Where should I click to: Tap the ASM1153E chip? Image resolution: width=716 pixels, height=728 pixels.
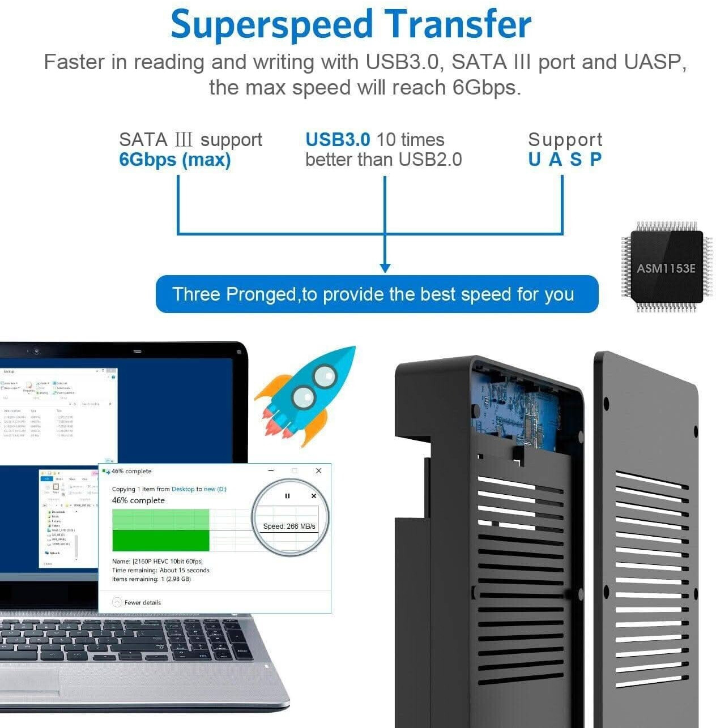(x=666, y=267)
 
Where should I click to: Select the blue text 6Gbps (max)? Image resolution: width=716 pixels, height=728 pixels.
(x=174, y=160)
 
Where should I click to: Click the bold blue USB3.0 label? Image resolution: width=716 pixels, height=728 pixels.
(x=338, y=139)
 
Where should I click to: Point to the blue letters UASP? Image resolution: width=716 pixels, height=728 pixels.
(x=564, y=160)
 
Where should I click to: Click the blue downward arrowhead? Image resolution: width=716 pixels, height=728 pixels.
(x=385, y=267)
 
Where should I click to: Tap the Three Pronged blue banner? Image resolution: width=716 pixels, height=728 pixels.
(x=376, y=294)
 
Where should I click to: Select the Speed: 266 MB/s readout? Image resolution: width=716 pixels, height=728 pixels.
(x=289, y=526)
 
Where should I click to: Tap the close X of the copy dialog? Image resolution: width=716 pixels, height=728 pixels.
(x=318, y=471)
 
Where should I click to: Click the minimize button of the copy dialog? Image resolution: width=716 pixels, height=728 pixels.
(x=271, y=471)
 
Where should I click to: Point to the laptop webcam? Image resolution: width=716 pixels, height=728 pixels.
(x=36, y=351)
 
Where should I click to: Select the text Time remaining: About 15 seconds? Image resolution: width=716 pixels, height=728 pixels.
(x=161, y=570)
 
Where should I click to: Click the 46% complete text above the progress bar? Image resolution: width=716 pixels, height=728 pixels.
(x=138, y=500)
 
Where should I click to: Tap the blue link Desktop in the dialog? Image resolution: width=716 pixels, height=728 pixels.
(x=182, y=489)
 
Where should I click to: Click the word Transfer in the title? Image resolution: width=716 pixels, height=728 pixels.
(x=458, y=25)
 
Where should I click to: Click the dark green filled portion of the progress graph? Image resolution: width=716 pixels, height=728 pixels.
(x=161, y=540)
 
